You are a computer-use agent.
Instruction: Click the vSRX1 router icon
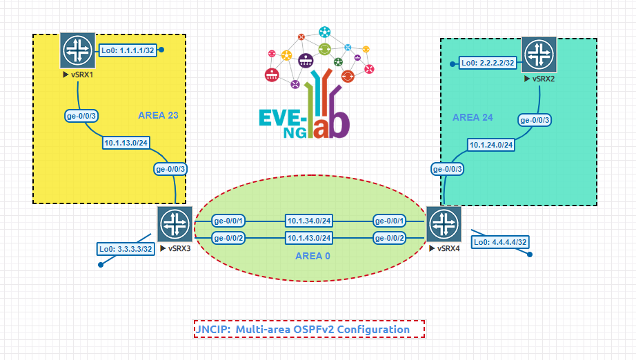(x=77, y=50)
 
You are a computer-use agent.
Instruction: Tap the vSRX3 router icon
(x=175, y=224)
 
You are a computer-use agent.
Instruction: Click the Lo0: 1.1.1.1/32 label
(x=128, y=50)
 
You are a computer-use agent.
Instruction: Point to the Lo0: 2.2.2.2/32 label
(x=488, y=63)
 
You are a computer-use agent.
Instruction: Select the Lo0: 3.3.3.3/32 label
(x=125, y=249)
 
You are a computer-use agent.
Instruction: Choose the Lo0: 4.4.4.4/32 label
(x=500, y=242)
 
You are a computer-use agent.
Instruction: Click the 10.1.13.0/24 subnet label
(x=126, y=143)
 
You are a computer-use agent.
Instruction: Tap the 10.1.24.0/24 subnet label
(x=493, y=145)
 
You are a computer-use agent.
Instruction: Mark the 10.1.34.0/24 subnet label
(x=310, y=221)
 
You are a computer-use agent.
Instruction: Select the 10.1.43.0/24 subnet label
(x=310, y=238)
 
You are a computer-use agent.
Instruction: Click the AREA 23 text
(x=158, y=115)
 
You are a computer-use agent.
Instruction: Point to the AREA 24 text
(x=473, y=117)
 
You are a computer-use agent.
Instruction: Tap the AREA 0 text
(x=312, y=256)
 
